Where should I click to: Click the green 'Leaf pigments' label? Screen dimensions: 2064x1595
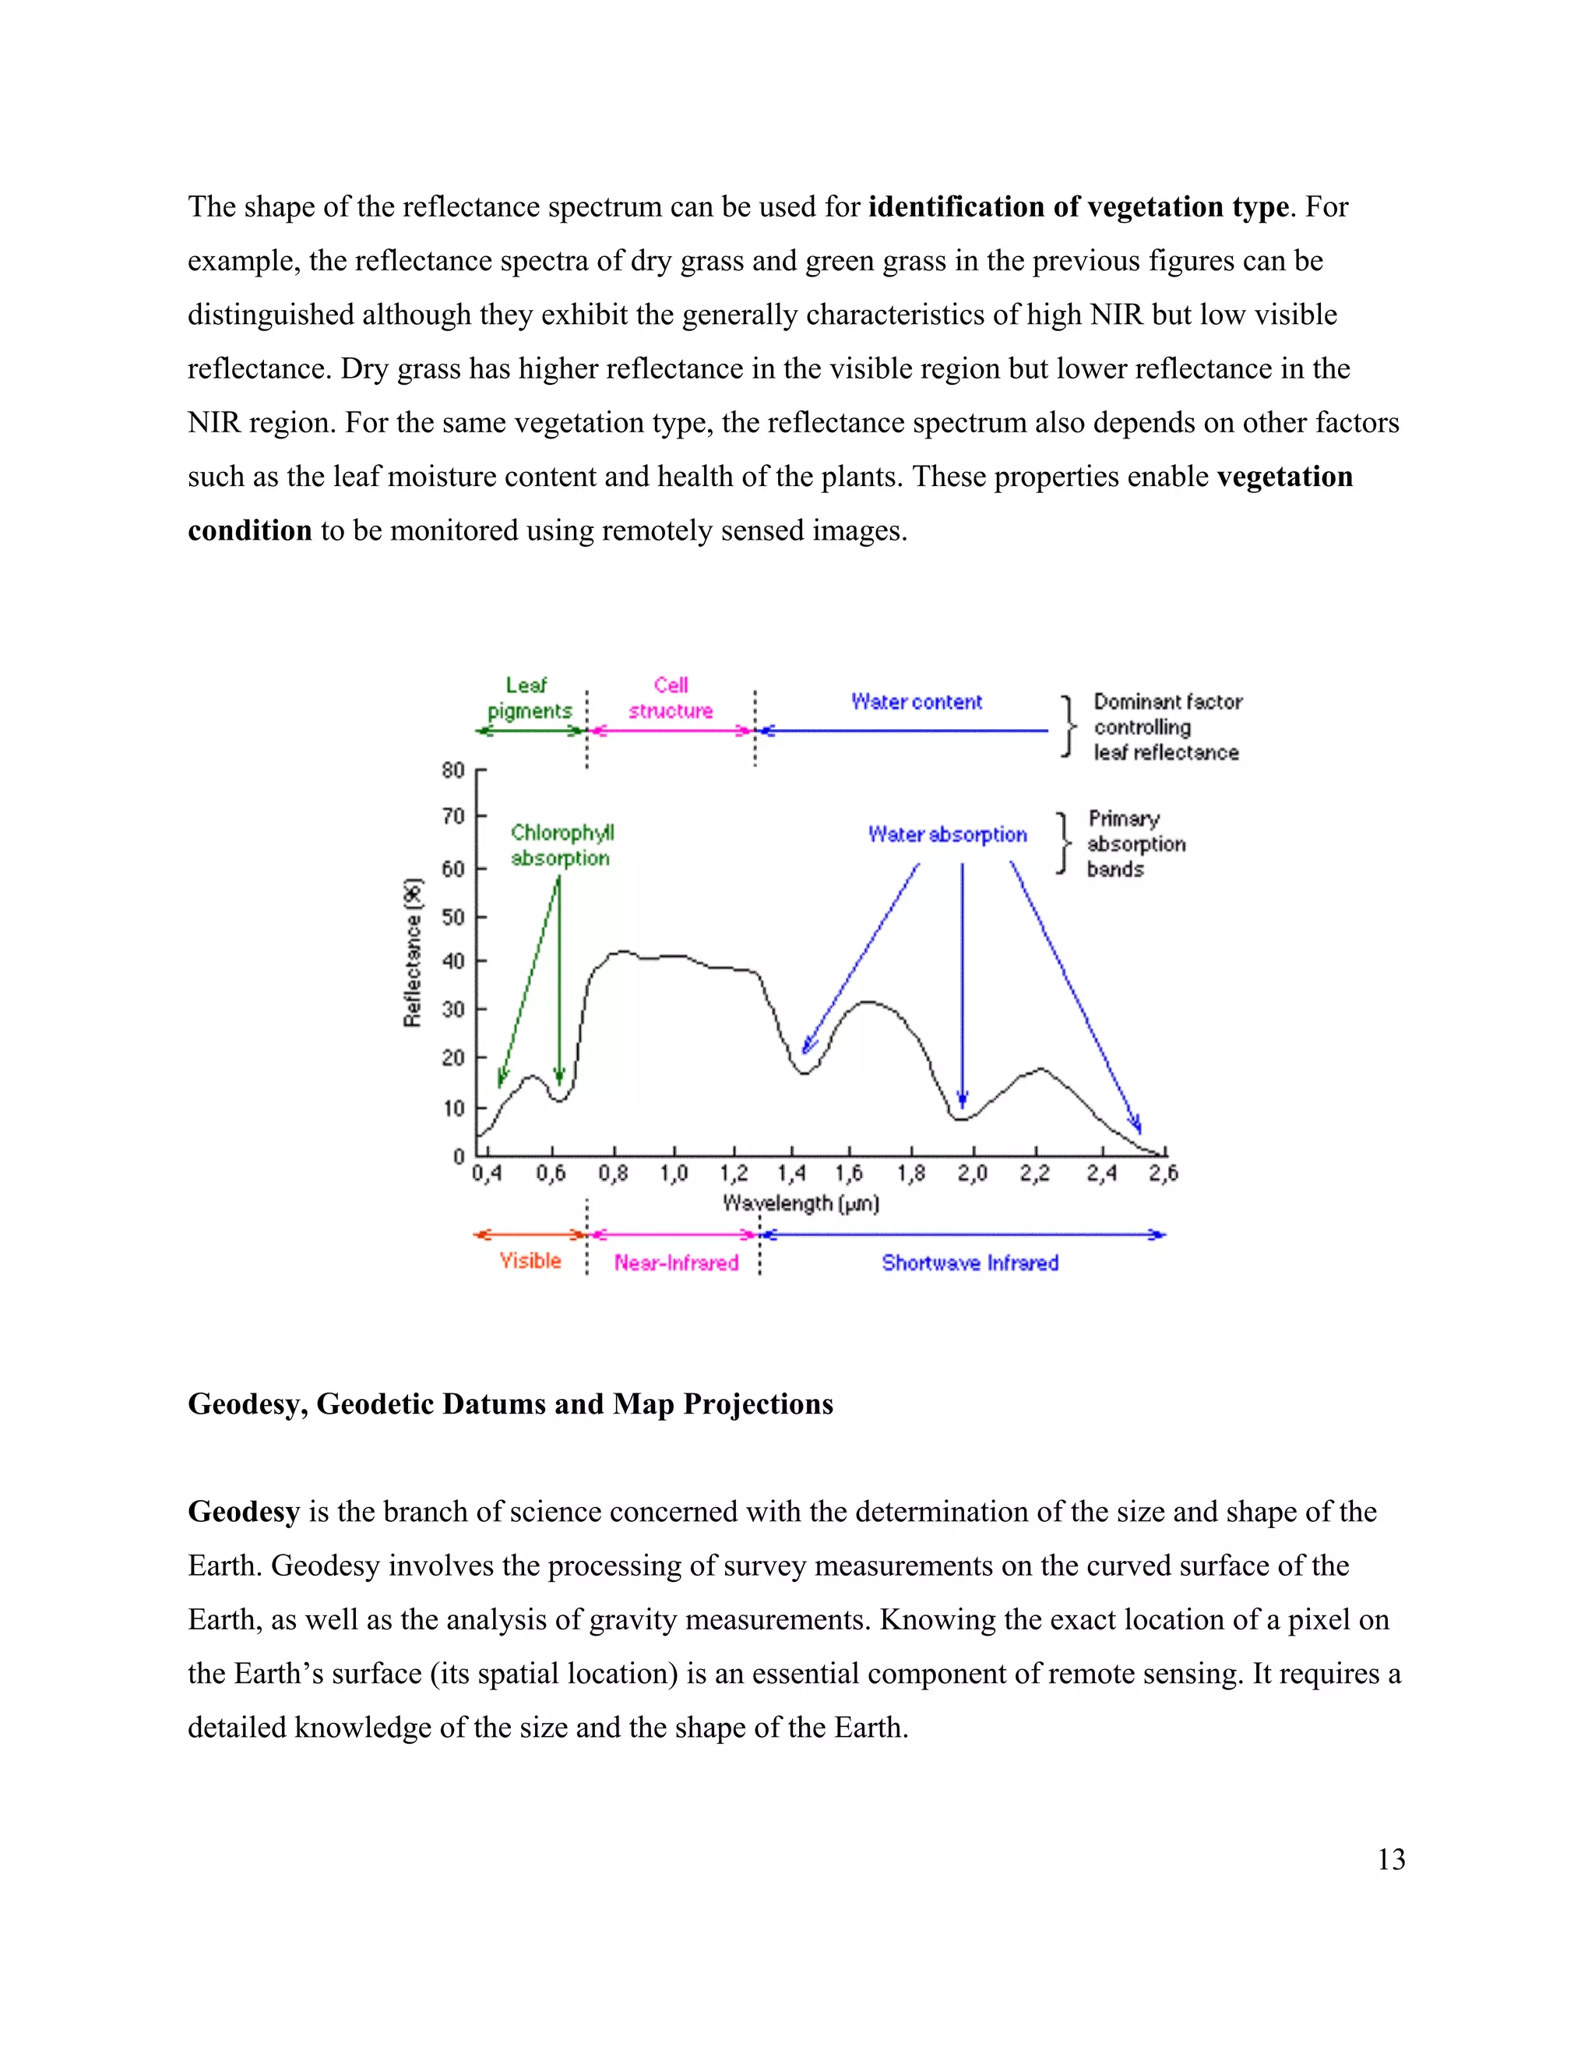pos(529,697)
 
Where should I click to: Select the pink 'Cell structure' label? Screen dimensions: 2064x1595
pos(671,697)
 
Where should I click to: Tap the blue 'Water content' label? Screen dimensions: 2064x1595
pos(916,701)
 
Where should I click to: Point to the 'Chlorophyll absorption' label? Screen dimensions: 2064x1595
pos(562,845)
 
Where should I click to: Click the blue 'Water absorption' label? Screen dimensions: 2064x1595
pos(947,834)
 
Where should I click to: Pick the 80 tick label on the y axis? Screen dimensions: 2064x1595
pos(453,770)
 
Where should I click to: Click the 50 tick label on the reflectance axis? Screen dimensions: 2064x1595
pos(453,917)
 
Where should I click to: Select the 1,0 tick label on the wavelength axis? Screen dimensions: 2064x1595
pos(674,1174)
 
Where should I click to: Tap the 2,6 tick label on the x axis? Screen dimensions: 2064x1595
pos(1164,1174)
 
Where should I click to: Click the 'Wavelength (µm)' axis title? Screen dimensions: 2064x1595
pos(801,1203)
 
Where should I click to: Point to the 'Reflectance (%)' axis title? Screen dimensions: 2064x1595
pos(413,953)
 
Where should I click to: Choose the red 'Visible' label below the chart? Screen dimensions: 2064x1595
pos(530,1261)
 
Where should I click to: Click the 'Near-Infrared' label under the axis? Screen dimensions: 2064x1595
pos(675,1263)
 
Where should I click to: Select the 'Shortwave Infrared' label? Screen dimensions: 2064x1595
pos(970,1263)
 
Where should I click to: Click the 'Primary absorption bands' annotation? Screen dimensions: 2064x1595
pos(1134,844)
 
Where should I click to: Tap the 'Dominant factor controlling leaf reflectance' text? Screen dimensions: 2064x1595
pos(1166,727)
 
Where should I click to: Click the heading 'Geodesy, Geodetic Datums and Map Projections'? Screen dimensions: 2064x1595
pos(510,1404)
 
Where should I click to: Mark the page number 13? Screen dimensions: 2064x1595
pos(1391,1859)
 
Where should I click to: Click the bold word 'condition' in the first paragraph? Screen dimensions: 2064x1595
pos(249,530)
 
